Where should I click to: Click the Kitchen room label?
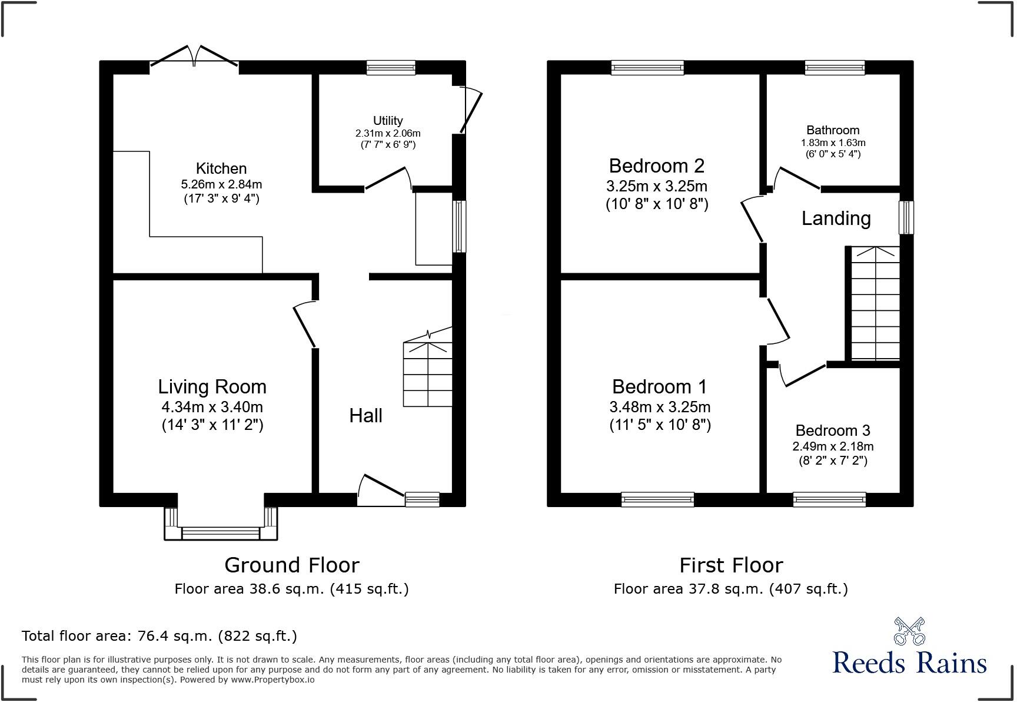click(221, 168)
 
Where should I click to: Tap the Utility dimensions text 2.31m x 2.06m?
click(388, 134)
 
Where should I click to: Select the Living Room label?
click(212, 386)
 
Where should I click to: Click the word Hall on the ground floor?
click(365, 416)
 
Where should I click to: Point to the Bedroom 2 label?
click(656, 165)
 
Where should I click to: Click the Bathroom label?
click(833, 130)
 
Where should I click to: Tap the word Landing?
click(836, 218)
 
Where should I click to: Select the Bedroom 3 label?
click(833, 431)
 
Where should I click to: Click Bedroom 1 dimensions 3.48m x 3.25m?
click(660, 407)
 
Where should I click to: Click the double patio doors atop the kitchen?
click(195, 56)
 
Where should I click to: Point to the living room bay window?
click(221, 532)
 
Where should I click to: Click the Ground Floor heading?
click(291, 565)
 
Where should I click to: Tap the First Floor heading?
click(731, 565)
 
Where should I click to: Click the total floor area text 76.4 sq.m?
click(159, 636)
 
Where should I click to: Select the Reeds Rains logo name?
click(909, 663)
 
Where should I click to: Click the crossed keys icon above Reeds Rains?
click(909, 630)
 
